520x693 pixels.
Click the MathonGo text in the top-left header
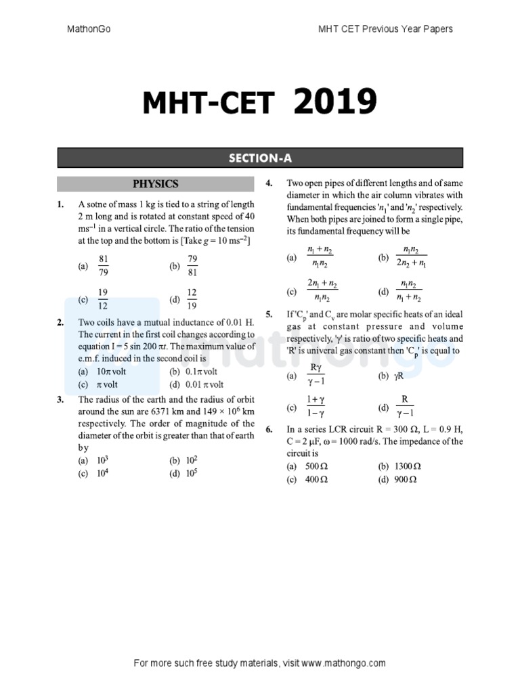coord(89,29)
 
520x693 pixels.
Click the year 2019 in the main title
coord(334,104)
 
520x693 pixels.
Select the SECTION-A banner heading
coord(260,158)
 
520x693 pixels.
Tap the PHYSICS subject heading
coord(156,183)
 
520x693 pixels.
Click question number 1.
coord(61,205)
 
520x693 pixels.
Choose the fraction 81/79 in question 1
coord(104,266)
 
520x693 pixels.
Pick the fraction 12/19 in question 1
coord(192,298)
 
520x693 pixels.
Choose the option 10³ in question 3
coord(103,461)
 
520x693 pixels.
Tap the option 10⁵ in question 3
coord(192,473)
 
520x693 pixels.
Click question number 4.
coord(269,183)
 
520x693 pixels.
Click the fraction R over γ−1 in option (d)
coord(405,407)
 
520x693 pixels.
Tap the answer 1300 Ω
coord(407,467)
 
